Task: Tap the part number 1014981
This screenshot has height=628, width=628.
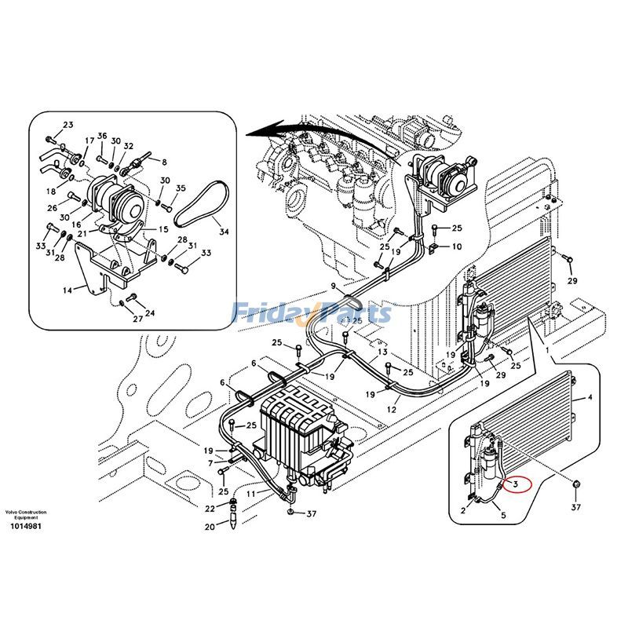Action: coord(25,526)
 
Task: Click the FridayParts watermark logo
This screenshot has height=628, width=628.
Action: coord(312,313)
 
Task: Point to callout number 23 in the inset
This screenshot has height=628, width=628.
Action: coord(68,126)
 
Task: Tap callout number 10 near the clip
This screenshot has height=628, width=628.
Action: coord(455,246)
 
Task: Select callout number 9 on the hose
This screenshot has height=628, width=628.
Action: coord(333,285)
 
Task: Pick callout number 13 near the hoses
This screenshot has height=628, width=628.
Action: coord(382,352)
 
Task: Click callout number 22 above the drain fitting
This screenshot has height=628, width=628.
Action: coord(210,509)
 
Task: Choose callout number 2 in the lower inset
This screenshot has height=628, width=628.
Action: coord(463,510)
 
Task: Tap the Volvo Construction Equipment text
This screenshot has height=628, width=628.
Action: coord(25,515)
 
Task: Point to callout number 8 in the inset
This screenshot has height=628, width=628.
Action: coord(165,162)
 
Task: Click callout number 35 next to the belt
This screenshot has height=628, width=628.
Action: coord(181,188)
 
